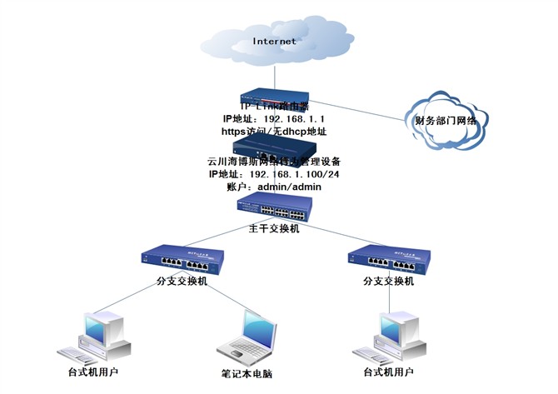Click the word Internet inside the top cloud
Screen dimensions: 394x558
coord(274,40)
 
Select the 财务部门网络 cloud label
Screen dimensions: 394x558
coord(446,122)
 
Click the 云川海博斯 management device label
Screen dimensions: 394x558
coord(274,161)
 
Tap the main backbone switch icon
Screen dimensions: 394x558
coord(274,207)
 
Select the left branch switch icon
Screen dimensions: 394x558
coord(185,260)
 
